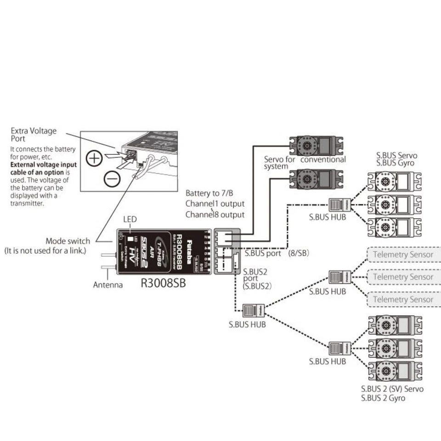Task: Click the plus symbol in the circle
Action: click(x=94, y=158)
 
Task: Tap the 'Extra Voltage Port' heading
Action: click(x=34, y=135)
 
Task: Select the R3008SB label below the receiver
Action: click(x=163, y=283)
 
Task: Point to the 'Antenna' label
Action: click(x=108, y=285)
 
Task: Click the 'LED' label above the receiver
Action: click(x=130, y=220)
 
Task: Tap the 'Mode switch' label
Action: click(x=71, y=241)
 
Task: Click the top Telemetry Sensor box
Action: click(x=402, y=254)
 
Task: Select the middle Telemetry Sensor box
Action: click(x=402, y=277)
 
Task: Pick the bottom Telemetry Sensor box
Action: click(x=402, y=299)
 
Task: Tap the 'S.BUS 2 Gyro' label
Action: click(x=383, y=398)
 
